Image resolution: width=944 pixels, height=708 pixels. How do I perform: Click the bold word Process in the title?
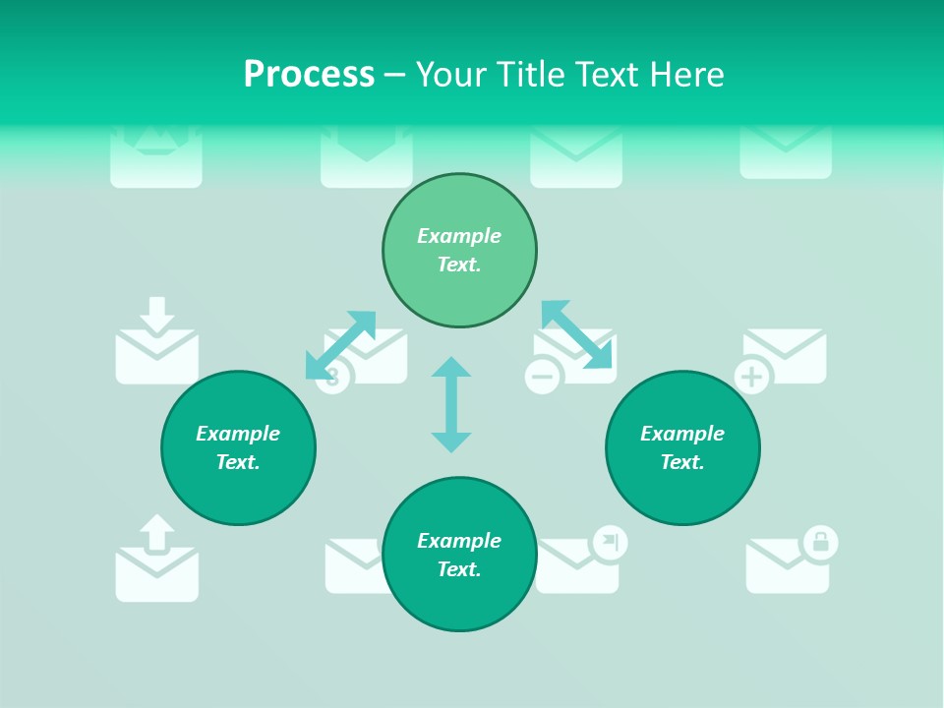click(309, 75)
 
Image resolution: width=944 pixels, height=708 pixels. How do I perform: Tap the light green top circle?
click(459, 251)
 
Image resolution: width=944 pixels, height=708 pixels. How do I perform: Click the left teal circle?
click(238, 448)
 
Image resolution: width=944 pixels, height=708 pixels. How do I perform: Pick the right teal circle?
click(682, 448)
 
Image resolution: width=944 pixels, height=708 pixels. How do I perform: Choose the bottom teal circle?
click(459, 555)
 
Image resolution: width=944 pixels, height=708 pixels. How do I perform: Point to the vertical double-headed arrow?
click(451, 404)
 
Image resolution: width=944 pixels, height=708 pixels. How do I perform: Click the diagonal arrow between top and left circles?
click(340, 344)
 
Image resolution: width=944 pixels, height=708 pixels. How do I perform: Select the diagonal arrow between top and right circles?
click(576, 334)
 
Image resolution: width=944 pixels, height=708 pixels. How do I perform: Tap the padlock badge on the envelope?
click(820, 541)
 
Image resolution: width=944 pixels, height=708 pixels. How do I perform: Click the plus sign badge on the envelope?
click(752, 377)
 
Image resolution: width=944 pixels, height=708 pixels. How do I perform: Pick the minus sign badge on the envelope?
click(542, 377)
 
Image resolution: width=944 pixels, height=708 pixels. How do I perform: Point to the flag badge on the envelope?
click(611, 541)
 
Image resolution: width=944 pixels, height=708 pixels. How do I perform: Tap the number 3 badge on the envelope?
click(332, 378)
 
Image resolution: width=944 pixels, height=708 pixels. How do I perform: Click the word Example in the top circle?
click(459, 236)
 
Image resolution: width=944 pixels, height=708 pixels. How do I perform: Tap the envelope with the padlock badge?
click(785, 567)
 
